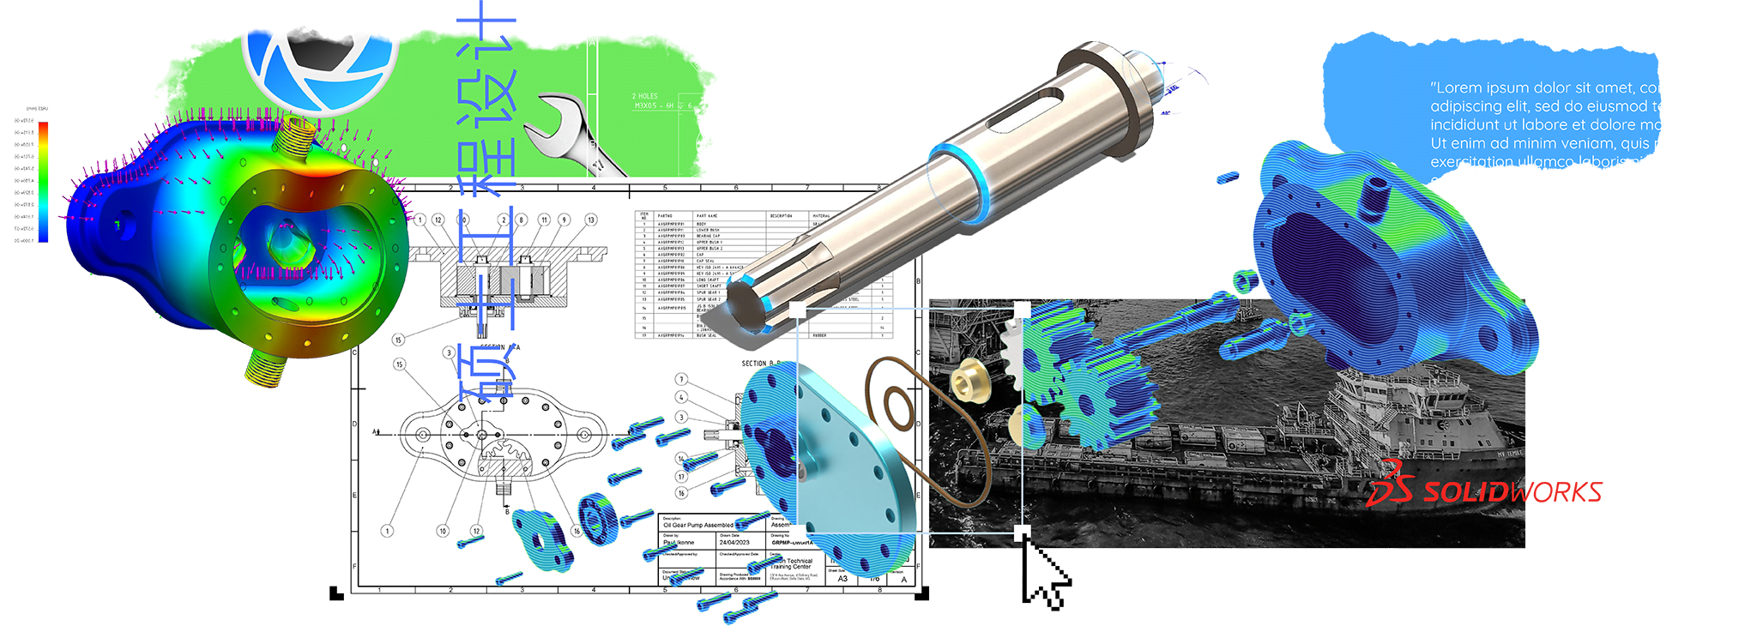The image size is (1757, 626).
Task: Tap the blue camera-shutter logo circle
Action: [319, 60]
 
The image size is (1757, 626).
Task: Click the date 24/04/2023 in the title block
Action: [734, 542]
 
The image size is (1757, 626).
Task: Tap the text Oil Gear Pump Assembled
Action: [697, 525]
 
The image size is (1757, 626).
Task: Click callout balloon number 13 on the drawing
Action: [590, 220]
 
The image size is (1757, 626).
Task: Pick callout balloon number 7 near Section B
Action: [681, 379]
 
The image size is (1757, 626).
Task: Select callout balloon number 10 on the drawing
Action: [443, 531]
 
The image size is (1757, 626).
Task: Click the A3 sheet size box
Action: [842, 579]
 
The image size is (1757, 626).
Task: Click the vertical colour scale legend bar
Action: [43, 180]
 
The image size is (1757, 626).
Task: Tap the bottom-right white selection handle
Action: [1022, 533]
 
